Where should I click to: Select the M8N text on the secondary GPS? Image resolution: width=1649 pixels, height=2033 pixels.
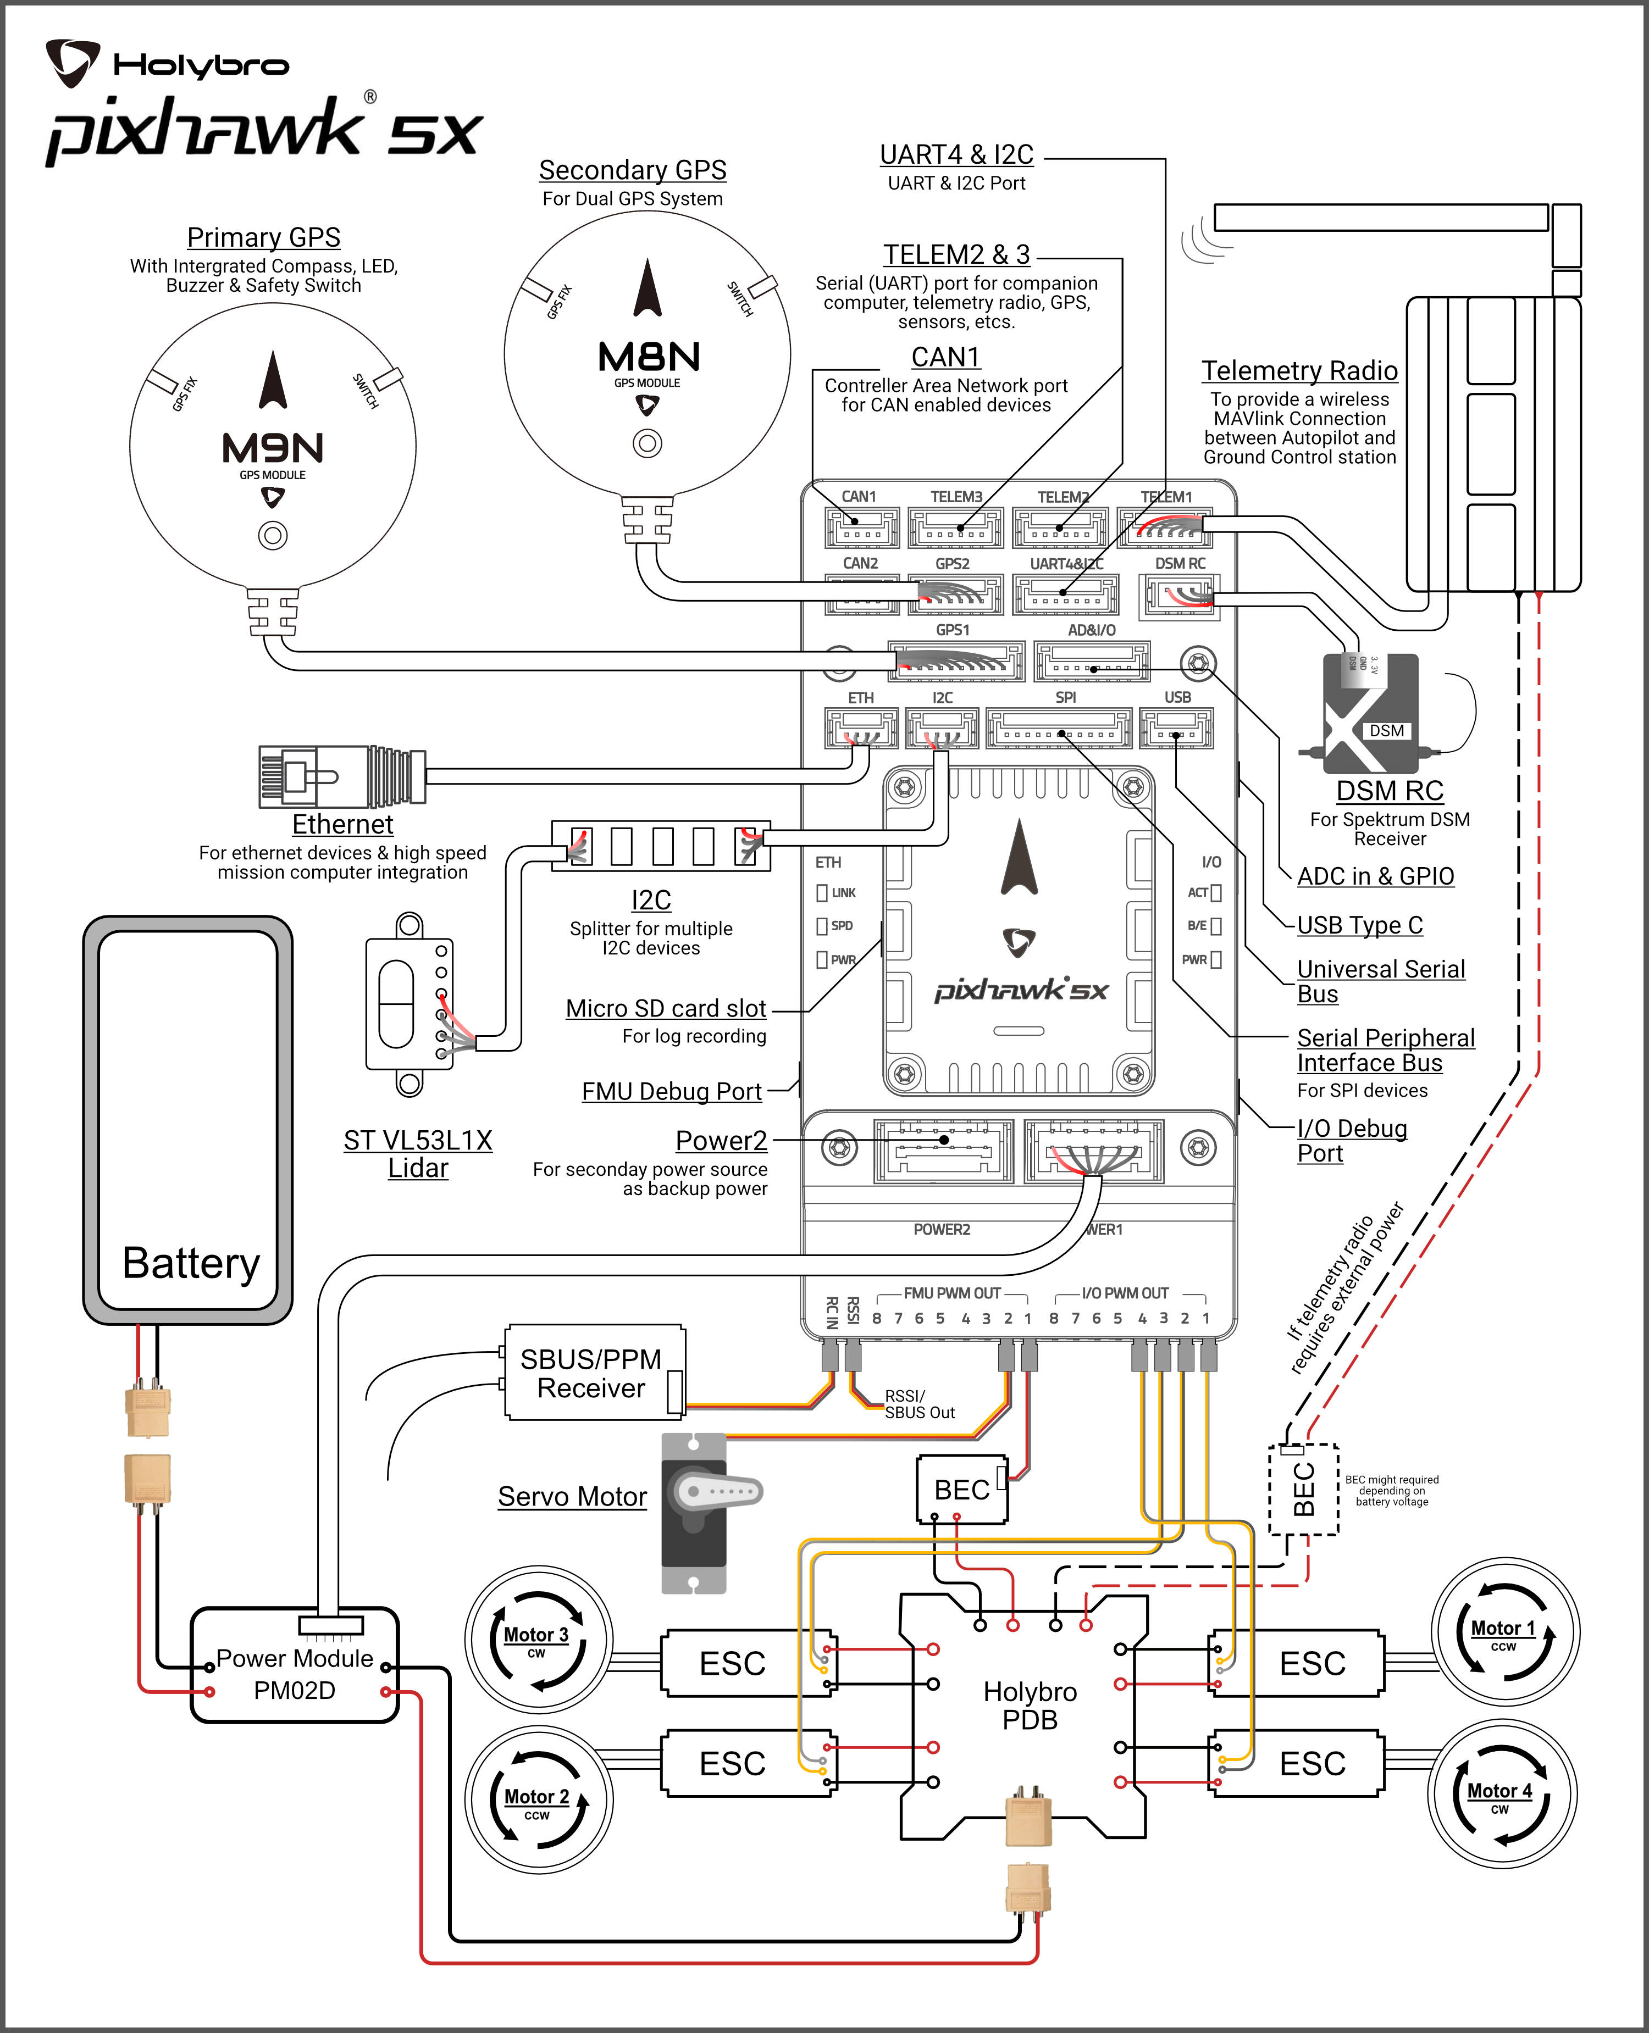tap(649, 357)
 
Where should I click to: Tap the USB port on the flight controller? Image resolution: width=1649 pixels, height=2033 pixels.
tap(1176, 729)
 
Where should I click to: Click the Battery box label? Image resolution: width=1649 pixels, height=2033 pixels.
tap(191, 1263)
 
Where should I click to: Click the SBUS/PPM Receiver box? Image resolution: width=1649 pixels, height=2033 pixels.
tap(591, 1373)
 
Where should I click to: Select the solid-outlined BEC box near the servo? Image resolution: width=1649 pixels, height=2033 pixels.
tap(961, 1489)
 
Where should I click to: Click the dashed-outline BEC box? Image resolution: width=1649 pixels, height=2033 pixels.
tap(1303, 1490)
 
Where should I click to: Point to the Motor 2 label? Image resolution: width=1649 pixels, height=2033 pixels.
tap(536, 1797)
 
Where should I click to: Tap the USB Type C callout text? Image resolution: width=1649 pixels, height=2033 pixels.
tap(1359, 925)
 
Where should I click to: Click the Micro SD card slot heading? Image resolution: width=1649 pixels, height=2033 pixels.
tap(666, 1008)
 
